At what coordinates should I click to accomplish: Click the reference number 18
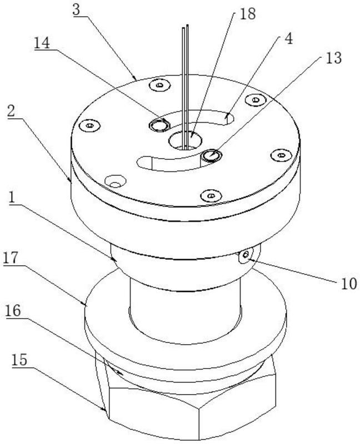pos(247,14)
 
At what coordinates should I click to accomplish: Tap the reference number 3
pos(77,10)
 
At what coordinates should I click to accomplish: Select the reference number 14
pos(42,43)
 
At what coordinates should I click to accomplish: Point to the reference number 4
pos(288,39)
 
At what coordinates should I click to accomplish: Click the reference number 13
pos(333,58)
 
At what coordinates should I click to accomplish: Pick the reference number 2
pos(12,112)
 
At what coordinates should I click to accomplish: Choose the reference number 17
pos(11,258)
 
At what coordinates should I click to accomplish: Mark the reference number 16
pos(13,311)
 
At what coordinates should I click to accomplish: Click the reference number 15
pos(19,360)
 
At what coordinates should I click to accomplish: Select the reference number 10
pos(349,284)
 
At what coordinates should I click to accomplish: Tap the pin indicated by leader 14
pos(159,124)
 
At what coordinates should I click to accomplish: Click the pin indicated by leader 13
pos(212,155)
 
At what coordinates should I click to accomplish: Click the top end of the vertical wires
pos(186,26)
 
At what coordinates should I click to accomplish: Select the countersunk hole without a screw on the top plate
pos(115,181)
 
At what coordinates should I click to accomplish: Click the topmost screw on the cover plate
pos(160,85)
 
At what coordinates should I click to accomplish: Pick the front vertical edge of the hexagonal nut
pos(199,423)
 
